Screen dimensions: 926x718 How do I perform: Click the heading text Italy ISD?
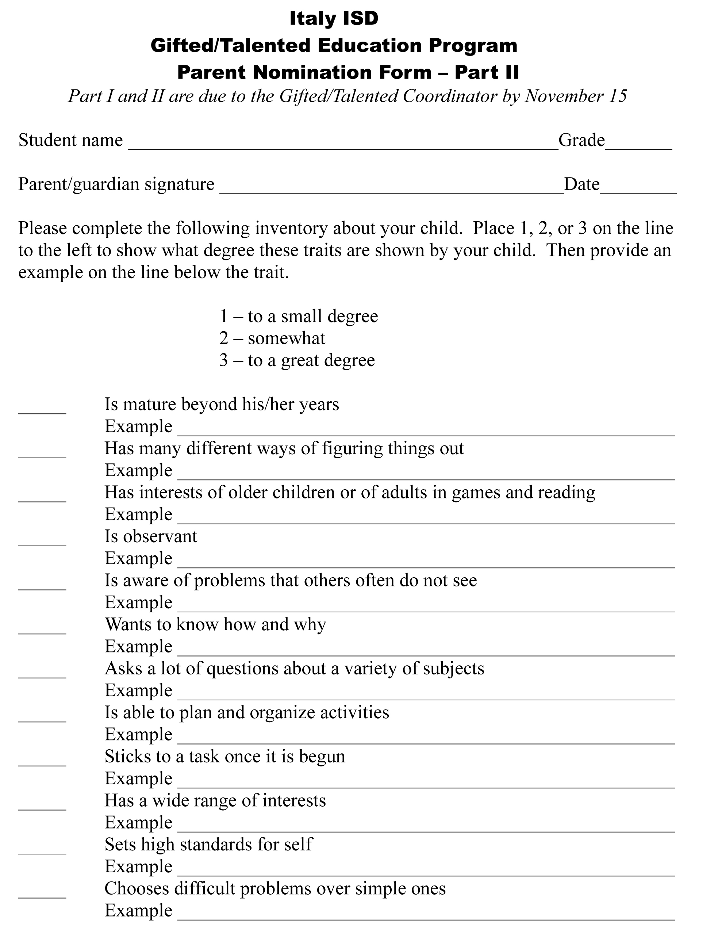334,19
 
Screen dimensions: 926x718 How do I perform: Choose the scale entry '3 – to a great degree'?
297,360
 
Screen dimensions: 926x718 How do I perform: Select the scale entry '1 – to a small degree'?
298,316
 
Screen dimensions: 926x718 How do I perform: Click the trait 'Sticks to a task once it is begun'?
224,757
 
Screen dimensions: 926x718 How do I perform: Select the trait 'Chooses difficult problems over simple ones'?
275,889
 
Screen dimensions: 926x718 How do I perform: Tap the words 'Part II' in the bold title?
487,73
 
